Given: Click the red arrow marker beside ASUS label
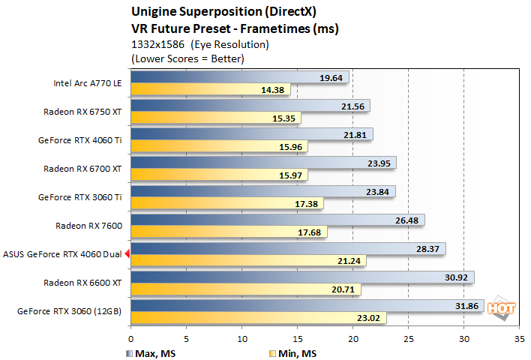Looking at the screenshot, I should coord(127,254).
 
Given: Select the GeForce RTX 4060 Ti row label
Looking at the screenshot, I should coord(79,139).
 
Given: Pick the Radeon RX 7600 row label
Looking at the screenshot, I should coord(88,225).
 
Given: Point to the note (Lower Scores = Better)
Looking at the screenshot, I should coord(187,58).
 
